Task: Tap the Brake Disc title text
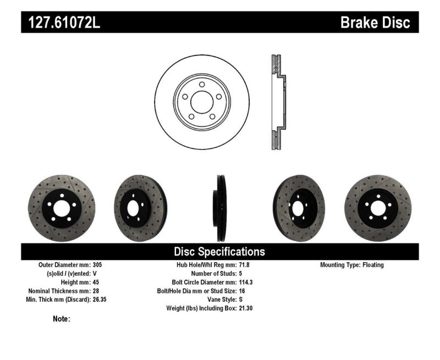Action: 375,23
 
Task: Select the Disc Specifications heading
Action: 219,252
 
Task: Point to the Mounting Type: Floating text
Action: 352,265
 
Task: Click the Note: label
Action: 62,319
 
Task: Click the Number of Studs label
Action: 211,274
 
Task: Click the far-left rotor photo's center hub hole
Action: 61,208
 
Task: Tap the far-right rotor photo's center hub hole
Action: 378,208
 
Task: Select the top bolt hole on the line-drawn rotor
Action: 201,85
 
